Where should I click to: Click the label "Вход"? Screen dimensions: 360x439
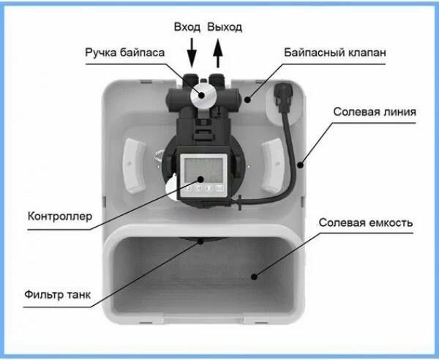[x=187, y=27]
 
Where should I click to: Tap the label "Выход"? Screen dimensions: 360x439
[x=224, y=27]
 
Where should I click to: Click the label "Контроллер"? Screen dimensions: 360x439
[x=59, y=216]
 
